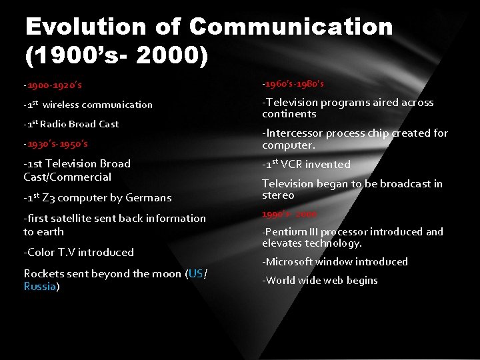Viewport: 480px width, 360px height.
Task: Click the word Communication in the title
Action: pyautogui.click(x=291, y=27)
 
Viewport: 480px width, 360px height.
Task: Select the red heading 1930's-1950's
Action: pyautogui.click(x=56, y=143)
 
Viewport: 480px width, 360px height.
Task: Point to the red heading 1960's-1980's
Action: pyautogui.click(x=293, y=84)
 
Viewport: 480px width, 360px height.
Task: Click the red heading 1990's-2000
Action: pyautogui.click(x=289, y=214)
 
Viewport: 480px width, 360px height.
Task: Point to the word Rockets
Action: pyautogui.click(x=45, y=273)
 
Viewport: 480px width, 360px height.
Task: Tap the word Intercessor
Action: pyautogui.click(x=293, y=133)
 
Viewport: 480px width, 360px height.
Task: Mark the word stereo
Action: pyautogui.click(x=278, y=195)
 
